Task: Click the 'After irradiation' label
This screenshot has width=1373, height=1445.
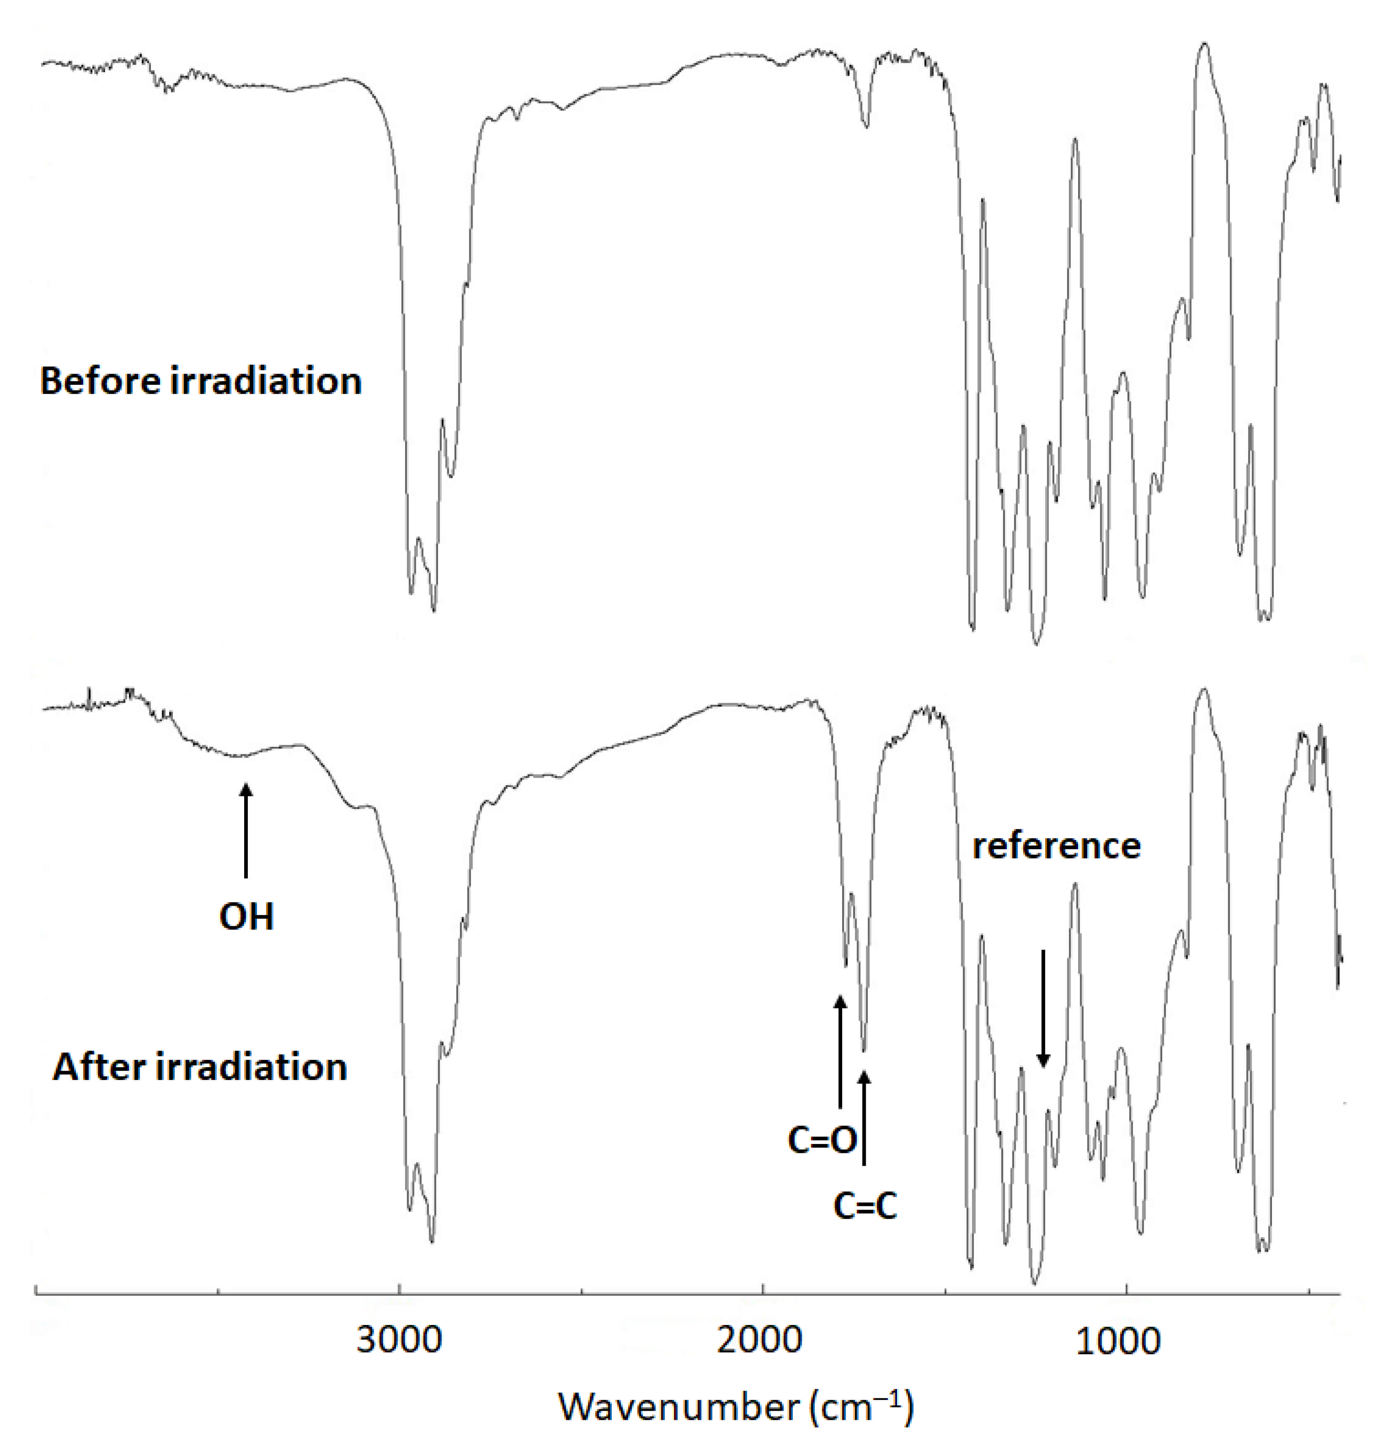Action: [x=199, y=1068]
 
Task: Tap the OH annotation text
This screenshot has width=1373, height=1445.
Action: [x=247, y=917]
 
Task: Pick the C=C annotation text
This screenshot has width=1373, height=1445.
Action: [x=865, y=1207]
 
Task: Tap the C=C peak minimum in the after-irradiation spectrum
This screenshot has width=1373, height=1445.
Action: [x=864, y=1050]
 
